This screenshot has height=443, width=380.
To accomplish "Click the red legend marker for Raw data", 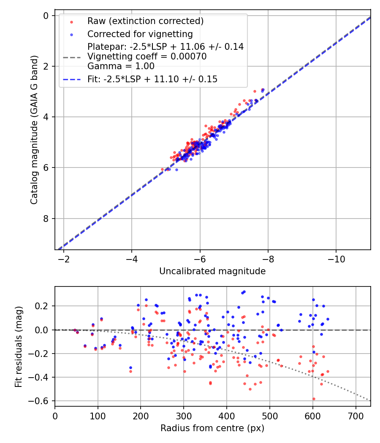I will tap(71, 22).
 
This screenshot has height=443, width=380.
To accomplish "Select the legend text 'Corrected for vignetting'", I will tap(140, 34).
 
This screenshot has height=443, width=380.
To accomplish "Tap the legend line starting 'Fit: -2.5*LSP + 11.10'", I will tap(152, 79).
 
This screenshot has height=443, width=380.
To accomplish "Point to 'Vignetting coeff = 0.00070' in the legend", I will tap(147, 57).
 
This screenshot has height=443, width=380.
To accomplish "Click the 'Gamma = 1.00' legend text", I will tap(121, 66).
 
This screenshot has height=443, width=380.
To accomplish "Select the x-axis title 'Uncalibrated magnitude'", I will tap(212, 271).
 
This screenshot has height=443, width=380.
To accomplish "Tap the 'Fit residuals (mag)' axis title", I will tap(18, 346).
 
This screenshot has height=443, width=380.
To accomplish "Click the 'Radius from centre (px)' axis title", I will tap(212, 428).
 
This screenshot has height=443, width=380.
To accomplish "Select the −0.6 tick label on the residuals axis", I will tap(41, 401).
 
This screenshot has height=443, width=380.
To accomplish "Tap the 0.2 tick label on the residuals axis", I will tap(43, 306).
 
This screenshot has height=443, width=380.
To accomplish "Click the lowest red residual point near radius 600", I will tap(313, 399).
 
